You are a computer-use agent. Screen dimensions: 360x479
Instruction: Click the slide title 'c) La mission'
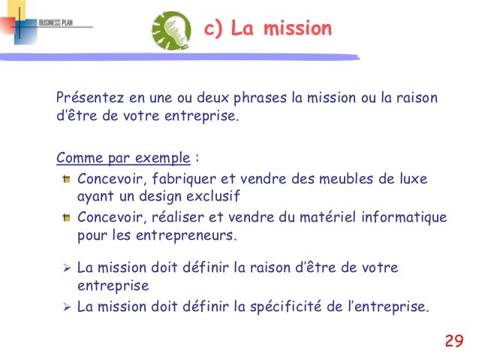coord(268,29)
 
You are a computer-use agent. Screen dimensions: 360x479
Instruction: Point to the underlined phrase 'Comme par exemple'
coord(123,159)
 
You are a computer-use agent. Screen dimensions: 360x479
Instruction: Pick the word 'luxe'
coord(412,179)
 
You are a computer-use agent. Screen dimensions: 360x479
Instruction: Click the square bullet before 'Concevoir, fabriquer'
coord(66,180)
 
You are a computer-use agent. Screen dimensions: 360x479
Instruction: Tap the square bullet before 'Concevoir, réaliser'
coord(66,218)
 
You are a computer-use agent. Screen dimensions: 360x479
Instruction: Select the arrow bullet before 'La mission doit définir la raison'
coord(66,268)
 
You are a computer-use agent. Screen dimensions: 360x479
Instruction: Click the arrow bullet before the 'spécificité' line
coord(66,307)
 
